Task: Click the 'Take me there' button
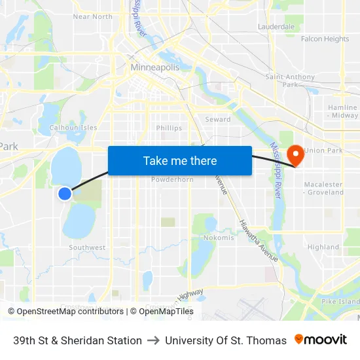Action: (x=179, y=160)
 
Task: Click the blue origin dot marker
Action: (x=64, y=193)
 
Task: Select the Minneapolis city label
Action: (x=155, y=67)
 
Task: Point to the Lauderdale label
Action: (x=276, y=27)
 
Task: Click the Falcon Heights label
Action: (x=325, y=39)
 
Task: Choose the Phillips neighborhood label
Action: (x=169, y=128)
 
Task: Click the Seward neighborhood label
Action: (x=218, y=119)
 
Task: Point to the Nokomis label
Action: (x=219, y=238)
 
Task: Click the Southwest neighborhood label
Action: (x=87, y=247)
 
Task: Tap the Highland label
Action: (x=323, y=247)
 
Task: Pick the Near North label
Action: (x=92, y=16)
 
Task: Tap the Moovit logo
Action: (x=321, y=340)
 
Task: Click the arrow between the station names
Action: (x=153, y=340)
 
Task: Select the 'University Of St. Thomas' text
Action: (x=226, y=340)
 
